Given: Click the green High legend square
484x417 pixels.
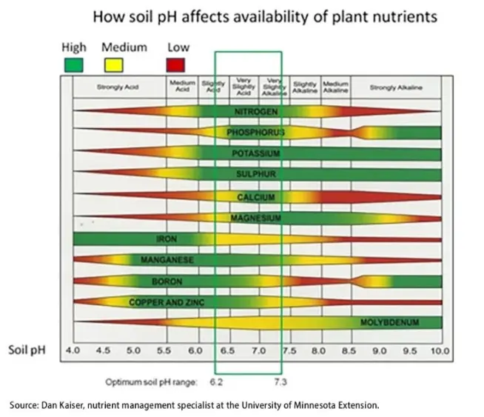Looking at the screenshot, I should pyautogui.click(x=73, y=65).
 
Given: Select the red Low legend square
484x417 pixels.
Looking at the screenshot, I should pyautogui.click(x=175, y=65).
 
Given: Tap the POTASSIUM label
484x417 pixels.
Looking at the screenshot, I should pyautogui.click(x=255, y=153).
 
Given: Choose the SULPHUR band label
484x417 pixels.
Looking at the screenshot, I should pyautogui.click(x=255, y=175).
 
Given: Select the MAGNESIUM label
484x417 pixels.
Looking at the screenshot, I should pyautogui.click(x=256, y=218).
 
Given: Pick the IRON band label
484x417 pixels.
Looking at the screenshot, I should pyautogui.click(x=166, y=239).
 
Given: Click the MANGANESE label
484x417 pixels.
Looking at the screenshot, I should pyautogui.click(x=167, y=260).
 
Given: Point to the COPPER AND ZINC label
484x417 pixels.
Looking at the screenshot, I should pyautogui.click(x=161, y=302).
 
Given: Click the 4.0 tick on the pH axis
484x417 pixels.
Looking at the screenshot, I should pyautogui.click(x=73, y=349).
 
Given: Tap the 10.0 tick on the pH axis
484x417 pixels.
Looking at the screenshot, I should pyautogui.click(x=441, y=349).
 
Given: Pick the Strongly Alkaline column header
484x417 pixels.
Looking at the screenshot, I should pyautogui.click(x=396, y=87).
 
